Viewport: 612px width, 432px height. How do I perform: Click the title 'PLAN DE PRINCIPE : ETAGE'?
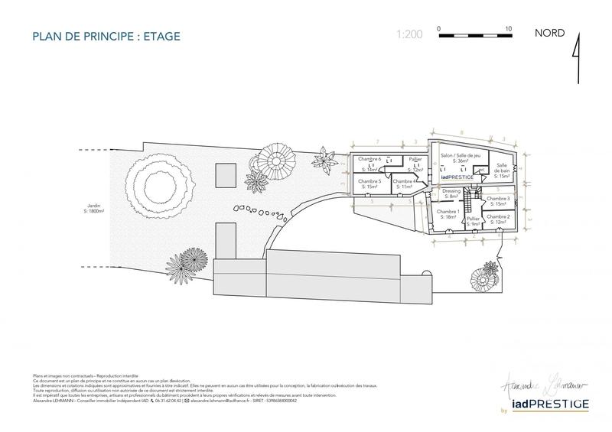[106, 36]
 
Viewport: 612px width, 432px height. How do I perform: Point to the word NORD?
[549, 33]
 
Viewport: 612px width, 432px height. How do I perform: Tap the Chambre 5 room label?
[369, 184]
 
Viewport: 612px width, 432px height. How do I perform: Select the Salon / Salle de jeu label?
[460, 158]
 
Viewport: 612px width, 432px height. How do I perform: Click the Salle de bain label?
[503, 171]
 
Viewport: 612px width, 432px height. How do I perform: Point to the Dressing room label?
[451, 194]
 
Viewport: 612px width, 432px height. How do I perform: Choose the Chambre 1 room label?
[448, 214]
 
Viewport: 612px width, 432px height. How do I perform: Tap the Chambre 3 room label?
[498, 201]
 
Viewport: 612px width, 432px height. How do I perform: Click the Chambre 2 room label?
[498, 219]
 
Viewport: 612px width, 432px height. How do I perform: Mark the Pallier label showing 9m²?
[473, 222]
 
